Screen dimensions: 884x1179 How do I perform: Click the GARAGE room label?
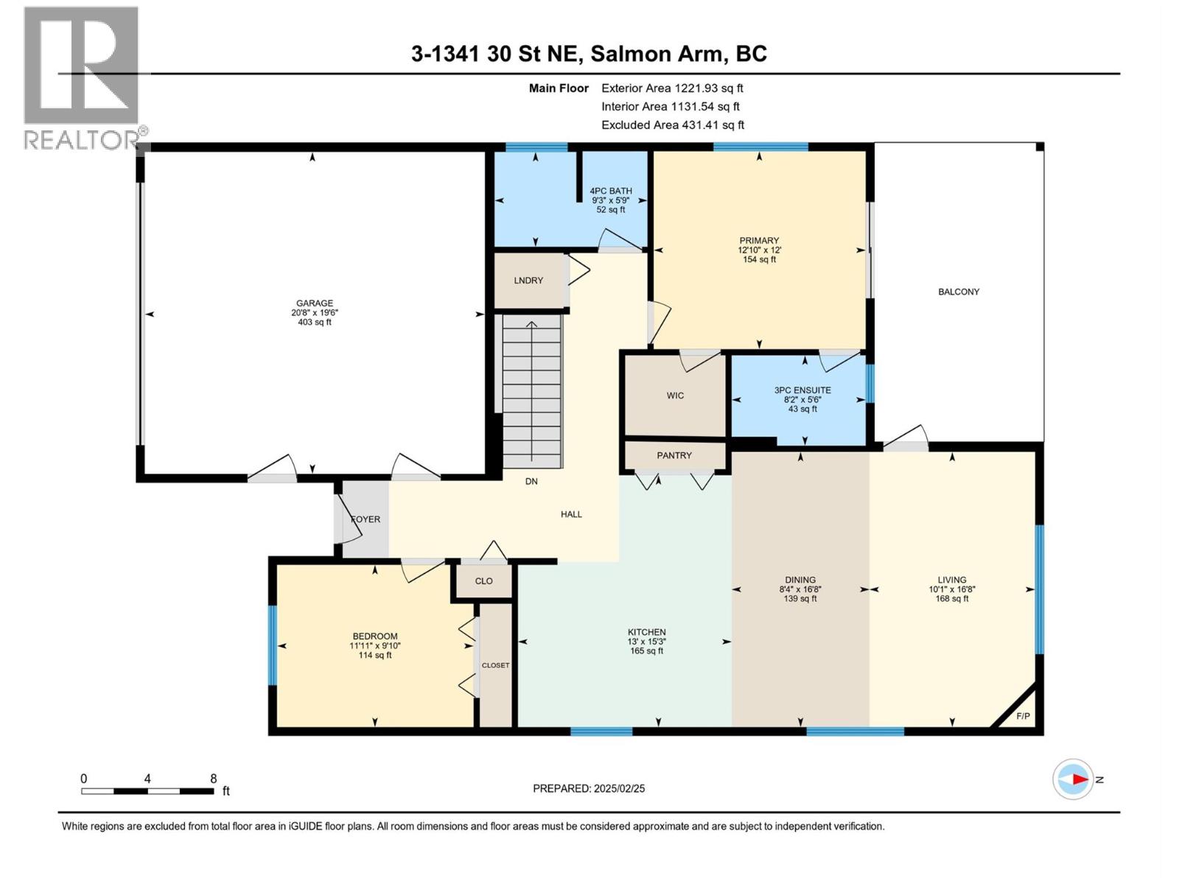315,303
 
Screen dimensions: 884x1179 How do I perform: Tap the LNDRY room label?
528,280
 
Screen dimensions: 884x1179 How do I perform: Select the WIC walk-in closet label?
675,396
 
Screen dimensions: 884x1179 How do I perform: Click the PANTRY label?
674,455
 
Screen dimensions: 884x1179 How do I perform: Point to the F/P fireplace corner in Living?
1023,715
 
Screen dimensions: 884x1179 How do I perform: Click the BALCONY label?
959,292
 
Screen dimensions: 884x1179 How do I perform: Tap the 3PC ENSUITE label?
802,390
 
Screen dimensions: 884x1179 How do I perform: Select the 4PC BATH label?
611,191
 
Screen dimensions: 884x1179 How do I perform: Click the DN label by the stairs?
531,481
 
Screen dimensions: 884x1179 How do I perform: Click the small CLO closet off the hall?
483,580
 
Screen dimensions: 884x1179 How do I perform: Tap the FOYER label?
365,519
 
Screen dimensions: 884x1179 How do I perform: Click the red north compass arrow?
1080,779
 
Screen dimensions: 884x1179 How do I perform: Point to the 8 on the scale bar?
214,779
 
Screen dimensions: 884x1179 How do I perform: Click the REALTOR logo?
83,77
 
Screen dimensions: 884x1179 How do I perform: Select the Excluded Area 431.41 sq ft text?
673,125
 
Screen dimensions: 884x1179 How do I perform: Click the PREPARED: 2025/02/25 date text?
589,788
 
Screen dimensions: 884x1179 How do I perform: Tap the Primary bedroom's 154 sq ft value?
759,259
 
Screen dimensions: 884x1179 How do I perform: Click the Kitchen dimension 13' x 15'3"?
647,642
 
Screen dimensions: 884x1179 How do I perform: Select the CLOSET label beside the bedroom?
495,665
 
